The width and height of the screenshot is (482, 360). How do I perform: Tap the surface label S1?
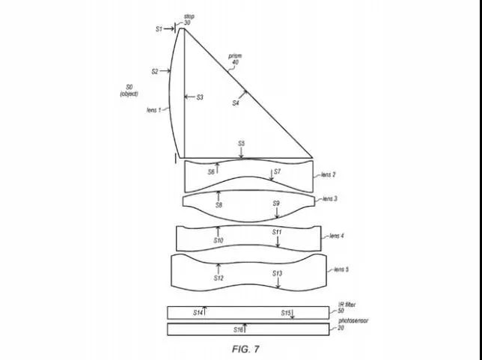click(x=159, y=28)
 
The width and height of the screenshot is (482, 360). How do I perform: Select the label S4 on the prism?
click(x=236, y=103)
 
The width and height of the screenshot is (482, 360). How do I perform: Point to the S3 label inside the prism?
click(x=200, y=97)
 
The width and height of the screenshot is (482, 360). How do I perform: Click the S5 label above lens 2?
click(x=241, y=143)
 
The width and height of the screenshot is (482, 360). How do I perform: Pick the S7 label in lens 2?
click(x=277, y=171)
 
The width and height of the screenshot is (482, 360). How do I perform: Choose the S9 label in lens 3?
click(x=276, y=203)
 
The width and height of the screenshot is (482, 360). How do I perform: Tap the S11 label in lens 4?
click(x=276, y=232)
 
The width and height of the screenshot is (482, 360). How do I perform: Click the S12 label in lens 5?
click(x=219, y=278)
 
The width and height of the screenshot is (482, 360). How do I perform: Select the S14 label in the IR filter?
click(x=198, y=311)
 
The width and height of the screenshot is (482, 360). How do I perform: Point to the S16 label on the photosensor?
click(x=238, y=329)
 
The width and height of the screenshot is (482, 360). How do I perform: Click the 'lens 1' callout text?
click(x=155, y=109)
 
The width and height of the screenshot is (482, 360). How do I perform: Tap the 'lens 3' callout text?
click(x=330, y=198)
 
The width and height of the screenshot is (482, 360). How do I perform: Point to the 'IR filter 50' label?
click(x=346, y=306)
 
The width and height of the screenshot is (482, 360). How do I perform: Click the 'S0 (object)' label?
click(x=129, y=90)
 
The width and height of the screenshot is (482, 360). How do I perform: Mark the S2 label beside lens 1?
click(x=155, y=72)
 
